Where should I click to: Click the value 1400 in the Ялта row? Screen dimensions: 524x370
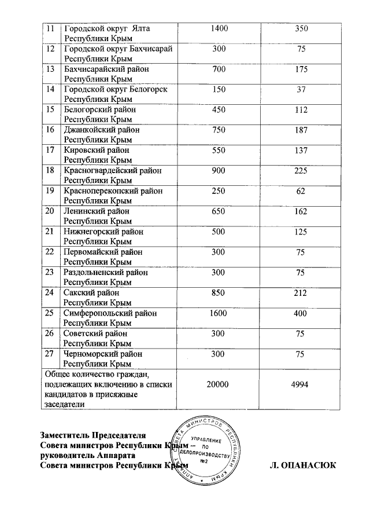click(x=219, y=28)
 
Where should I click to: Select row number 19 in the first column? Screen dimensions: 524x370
click(x=50, y=191)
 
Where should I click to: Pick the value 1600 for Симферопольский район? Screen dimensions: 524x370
click(x=219, y=313)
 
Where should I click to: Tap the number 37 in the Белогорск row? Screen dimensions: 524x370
click(x=300, y=89)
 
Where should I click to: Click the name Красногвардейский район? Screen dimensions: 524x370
click(x=112, y=170)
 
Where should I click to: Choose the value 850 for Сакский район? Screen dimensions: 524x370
click(x=219, y=293)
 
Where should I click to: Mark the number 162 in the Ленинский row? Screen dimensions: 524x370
click(x=300, y=211)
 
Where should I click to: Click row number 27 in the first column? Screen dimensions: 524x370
click(x=50, y=354)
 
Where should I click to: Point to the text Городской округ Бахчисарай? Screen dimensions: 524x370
click(x=117, y=48)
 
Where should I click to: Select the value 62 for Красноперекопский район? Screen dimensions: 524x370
click(x=300, y=191)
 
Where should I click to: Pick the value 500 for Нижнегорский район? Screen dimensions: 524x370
click(x=219, y=232)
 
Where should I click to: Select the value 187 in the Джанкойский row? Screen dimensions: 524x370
click(x=300, y=130)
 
